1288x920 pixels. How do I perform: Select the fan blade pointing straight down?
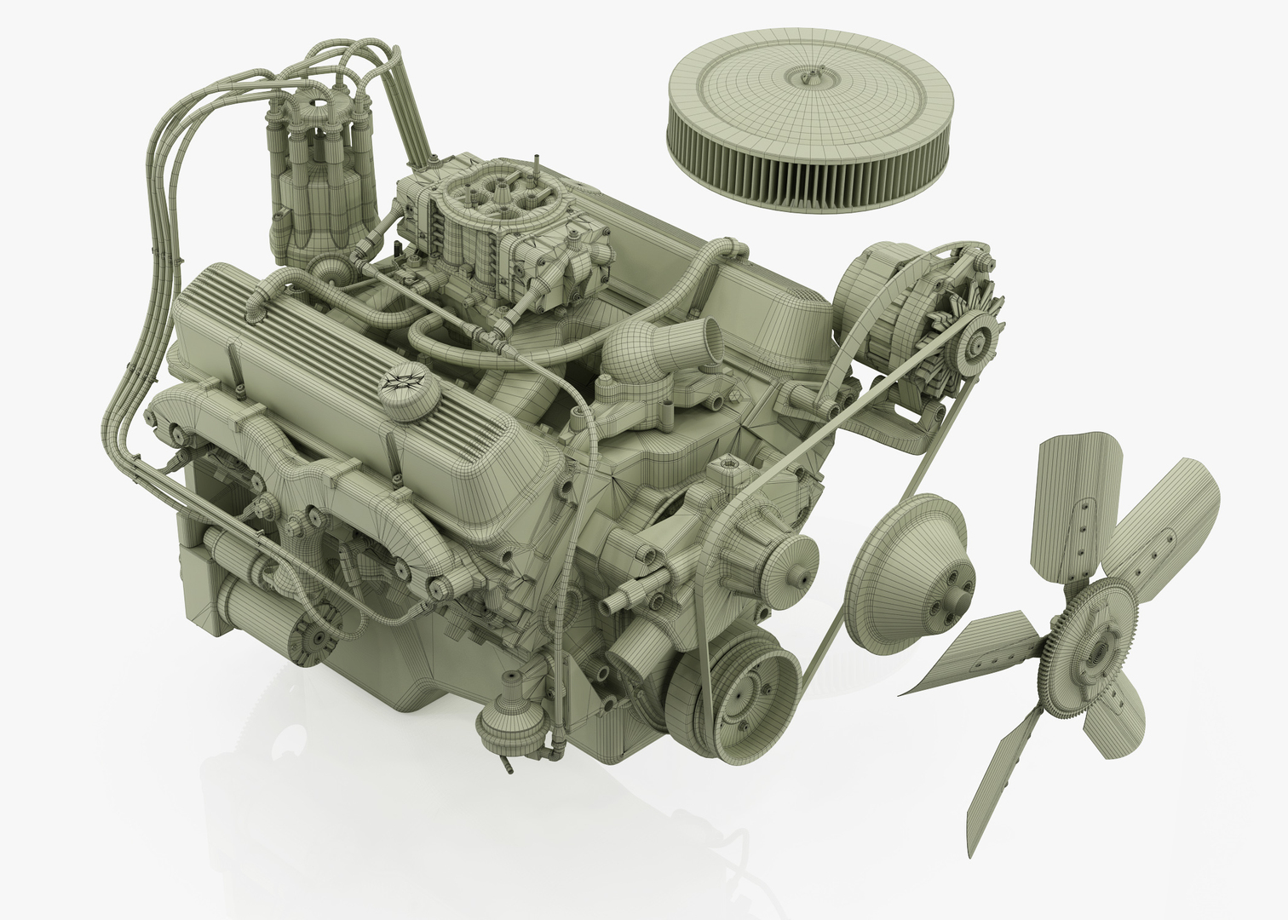coord(1001,767)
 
